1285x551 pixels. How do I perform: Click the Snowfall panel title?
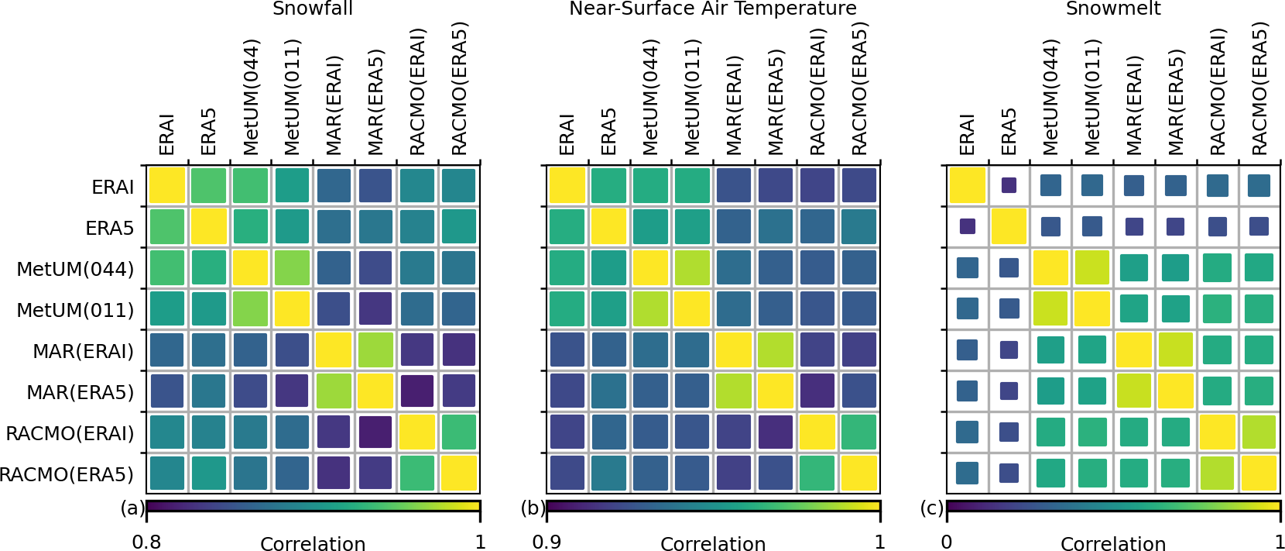click(313, 9)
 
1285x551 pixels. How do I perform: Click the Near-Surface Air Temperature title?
click(713, 9)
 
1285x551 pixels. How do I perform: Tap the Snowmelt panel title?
click(1113, 9)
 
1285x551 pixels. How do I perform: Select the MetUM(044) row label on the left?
click(75, 269)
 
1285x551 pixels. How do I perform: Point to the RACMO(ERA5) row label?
click(67, 474)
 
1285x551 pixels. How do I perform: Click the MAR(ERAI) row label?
click(83, 351)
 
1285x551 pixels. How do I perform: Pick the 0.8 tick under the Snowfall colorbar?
click(146, 542)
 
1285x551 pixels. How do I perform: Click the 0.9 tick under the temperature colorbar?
click(547, 542)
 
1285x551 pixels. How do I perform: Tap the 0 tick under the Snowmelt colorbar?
click(947, 542)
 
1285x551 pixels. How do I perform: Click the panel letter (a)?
click(132, 508)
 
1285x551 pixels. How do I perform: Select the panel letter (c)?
click(932, 508)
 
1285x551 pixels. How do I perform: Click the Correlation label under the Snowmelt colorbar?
click(1113, 544)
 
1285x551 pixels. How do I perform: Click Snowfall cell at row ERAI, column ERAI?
click(167, 186)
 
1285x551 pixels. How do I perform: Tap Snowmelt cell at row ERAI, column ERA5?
click(1009, 185)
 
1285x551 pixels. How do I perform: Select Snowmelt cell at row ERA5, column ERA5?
click(1009, 226)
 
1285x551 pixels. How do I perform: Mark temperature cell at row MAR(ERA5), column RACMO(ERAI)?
click(817, 391)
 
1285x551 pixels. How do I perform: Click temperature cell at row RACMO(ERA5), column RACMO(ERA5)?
click(859, 474)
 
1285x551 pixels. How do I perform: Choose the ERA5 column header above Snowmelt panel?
click(1009, 131)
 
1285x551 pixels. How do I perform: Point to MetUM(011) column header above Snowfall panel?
click(292, 98)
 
